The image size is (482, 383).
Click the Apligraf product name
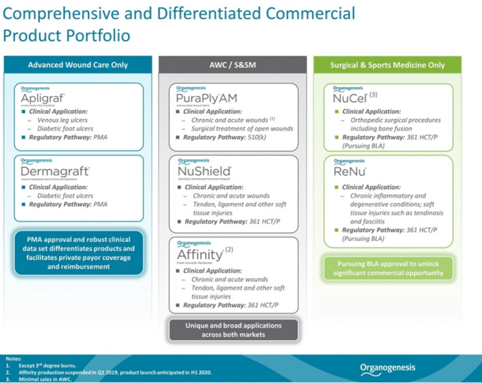[42, 98]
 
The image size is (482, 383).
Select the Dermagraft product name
[55, 172]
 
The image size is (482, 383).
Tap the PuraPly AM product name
[206, 98]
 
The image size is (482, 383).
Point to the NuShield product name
[204, 172]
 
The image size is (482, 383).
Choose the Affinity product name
[200, 254]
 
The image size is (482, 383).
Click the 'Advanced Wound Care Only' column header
[78, 65]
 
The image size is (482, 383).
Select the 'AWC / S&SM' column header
[232, 65]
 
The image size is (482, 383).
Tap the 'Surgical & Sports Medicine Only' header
[387, 65]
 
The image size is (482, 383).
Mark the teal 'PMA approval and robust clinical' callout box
[78, 253]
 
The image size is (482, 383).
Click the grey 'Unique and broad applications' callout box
[233, 330]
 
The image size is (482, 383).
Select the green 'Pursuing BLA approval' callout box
[388, 269]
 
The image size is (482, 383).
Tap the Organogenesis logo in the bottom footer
[388, 368]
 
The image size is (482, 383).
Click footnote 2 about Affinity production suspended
[111, 372]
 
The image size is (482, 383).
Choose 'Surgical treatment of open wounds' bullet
[242, 129]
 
